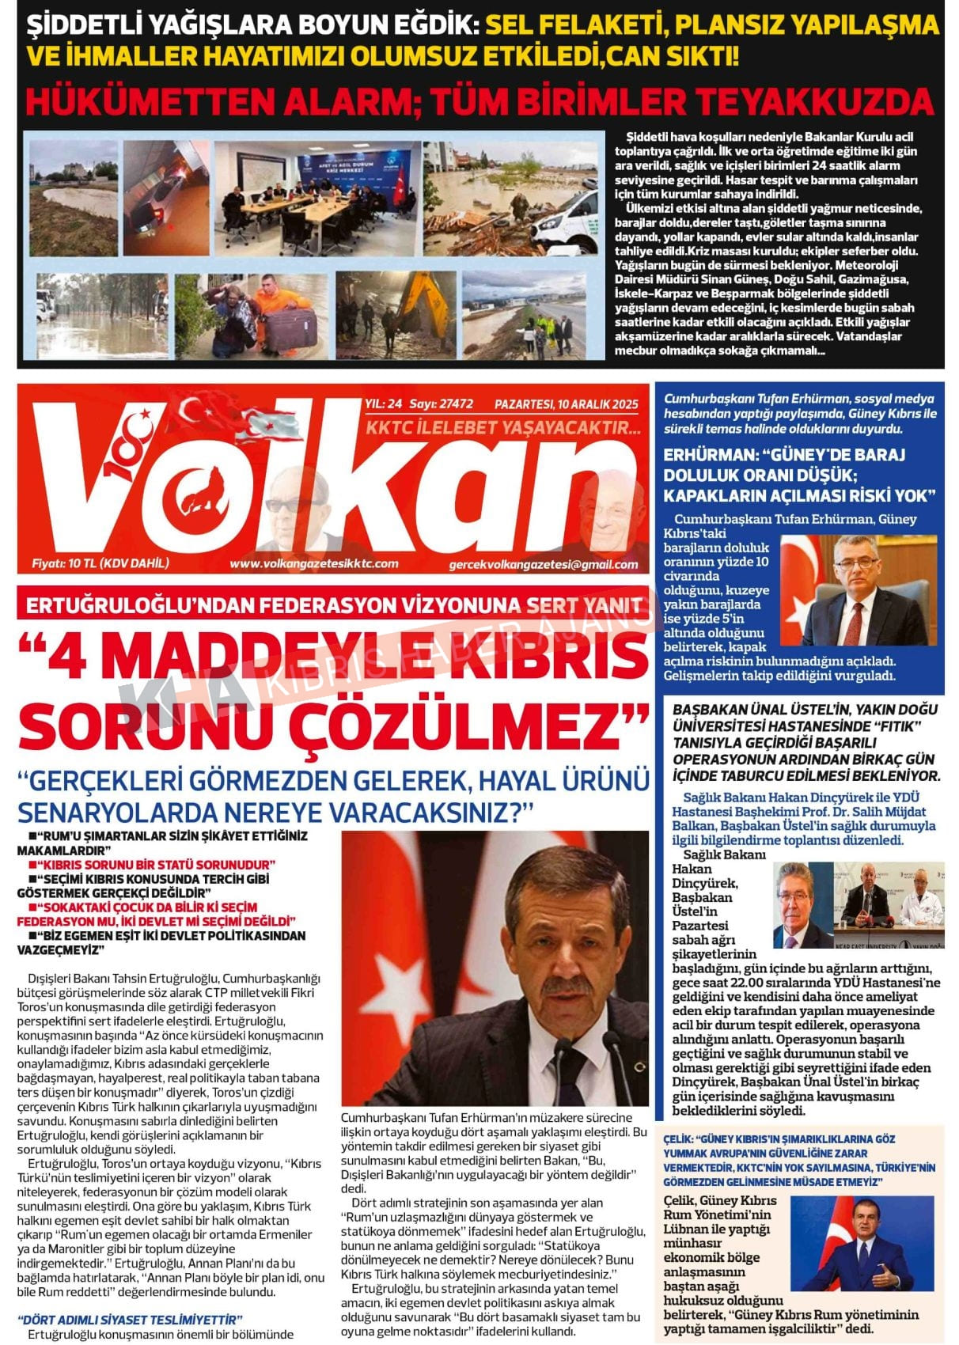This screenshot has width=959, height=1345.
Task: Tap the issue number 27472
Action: point(453,403)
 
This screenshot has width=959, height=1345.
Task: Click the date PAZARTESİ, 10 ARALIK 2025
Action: point(567,404)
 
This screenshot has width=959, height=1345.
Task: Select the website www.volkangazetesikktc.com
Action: point(313,563)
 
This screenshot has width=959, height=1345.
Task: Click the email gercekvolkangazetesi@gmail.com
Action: point(543,564)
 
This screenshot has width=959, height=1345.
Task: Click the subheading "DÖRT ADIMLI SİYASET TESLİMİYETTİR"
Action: point(130,1319)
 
